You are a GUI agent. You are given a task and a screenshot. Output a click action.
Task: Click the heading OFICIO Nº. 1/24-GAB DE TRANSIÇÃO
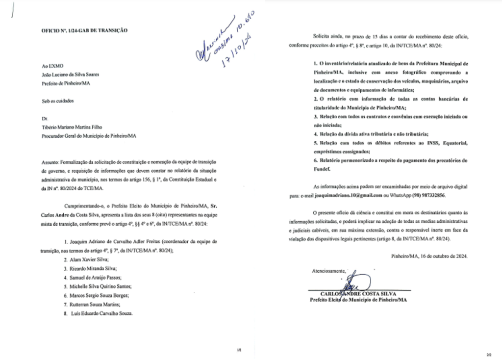[85, 31]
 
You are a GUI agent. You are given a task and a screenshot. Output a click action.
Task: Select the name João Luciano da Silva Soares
[71, 74]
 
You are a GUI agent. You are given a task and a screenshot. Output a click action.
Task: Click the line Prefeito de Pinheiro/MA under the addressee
[66, 82]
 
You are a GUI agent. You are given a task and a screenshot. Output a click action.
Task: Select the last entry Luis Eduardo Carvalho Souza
[101, 313]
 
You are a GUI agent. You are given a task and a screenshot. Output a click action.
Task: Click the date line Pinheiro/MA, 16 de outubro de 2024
[430, 256]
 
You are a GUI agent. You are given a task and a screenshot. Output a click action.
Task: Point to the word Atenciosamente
[328, 271]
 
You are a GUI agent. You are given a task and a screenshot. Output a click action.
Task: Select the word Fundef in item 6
[323, 170]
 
